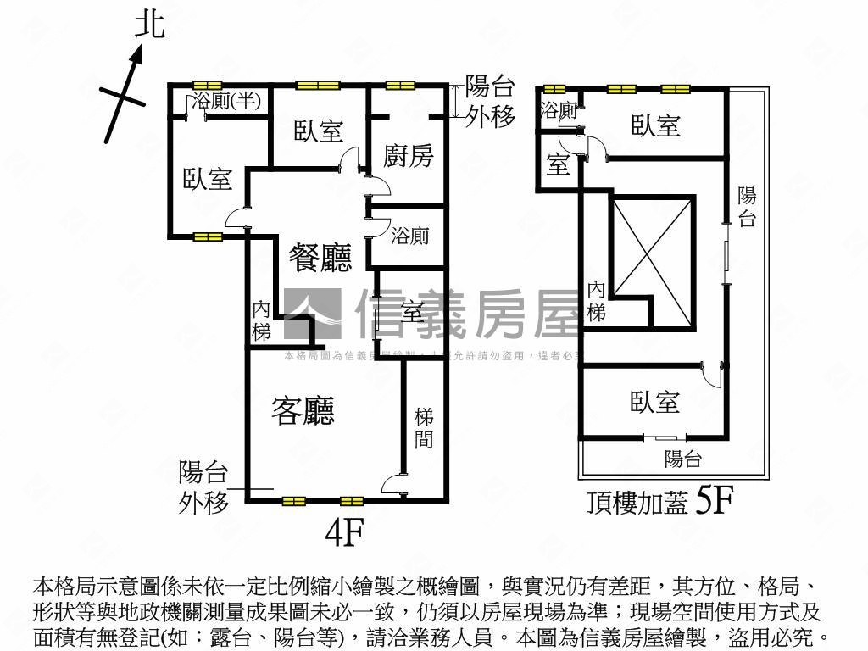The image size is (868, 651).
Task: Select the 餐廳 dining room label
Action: tap(320, 256)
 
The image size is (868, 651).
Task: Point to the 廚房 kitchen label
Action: tap(409, 155)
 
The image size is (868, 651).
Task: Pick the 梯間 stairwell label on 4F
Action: tap(425, 428)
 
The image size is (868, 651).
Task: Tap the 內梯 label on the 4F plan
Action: tap(262, 320)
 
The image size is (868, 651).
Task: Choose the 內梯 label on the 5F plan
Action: tap(597, 301)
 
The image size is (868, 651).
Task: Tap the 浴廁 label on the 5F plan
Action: tap(559, 110)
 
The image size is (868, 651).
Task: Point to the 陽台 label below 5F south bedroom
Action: tap(683, 459)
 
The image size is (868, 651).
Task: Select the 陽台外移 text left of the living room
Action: tap(203, 487)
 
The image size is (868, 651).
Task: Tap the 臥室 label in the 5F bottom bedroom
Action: tap(654, 401)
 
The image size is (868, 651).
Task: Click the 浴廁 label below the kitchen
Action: tap(409, 236)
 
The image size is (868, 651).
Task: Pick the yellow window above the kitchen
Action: tap(397, 85)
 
